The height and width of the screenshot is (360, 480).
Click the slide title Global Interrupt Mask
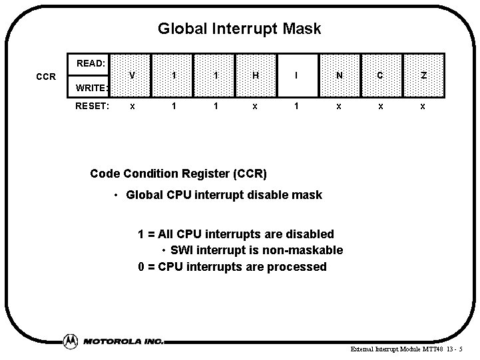click(239, 29)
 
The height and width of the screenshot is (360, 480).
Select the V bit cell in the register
click(132, 75)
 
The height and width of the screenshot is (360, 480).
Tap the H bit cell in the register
click(256, 75)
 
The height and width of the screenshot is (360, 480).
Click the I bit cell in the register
click(297, 75)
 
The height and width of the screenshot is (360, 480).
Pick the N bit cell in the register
click(339, 75)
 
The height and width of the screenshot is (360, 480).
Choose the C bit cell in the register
click(380, 75)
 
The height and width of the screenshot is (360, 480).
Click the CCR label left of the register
click(46, 77)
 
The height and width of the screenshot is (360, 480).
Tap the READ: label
click(91, 64)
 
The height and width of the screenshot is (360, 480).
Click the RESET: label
click(93, 104)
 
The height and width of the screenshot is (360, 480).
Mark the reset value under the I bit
click(297, 105)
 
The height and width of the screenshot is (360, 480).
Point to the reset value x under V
click(132, 105)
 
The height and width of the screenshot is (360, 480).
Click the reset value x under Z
click(422, 105)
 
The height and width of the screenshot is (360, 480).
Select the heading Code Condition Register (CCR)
click(178, 174)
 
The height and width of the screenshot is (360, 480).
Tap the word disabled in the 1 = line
click(308, 234)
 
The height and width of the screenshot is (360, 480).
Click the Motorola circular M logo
click(70, 341)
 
